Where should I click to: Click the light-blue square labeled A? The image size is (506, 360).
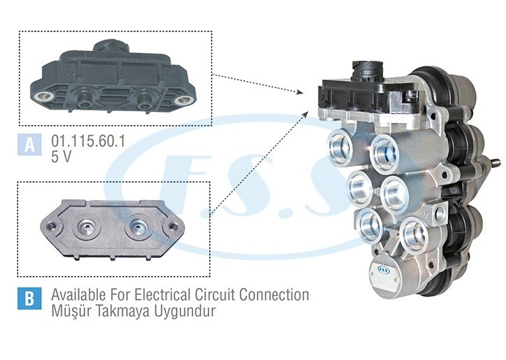pyautogui.click(x=29, y=144)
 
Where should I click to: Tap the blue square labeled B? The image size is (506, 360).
pyautogui.click(x=29, y=298)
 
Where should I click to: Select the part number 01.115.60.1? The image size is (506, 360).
pyautogui.click(x=88, y=141)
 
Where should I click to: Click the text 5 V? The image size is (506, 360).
pyautogui.click(x=62, y=157)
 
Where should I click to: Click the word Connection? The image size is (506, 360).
pyautogui.click(x=274, y=294)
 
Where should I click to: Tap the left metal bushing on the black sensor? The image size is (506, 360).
pyautogui.click(x=44, y=96)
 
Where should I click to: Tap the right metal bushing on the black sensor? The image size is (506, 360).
pyautogui.click(x=183, y=100)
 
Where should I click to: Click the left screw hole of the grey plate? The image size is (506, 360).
pyautogui.click(x=50, y=225)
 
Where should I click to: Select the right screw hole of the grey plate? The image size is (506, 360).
pyautogui.click(x=173, y=226)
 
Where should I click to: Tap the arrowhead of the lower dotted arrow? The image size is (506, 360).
pyautogui.click(x=305, y=114)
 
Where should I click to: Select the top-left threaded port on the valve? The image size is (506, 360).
pyautogui.click(x=339, y=147)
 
